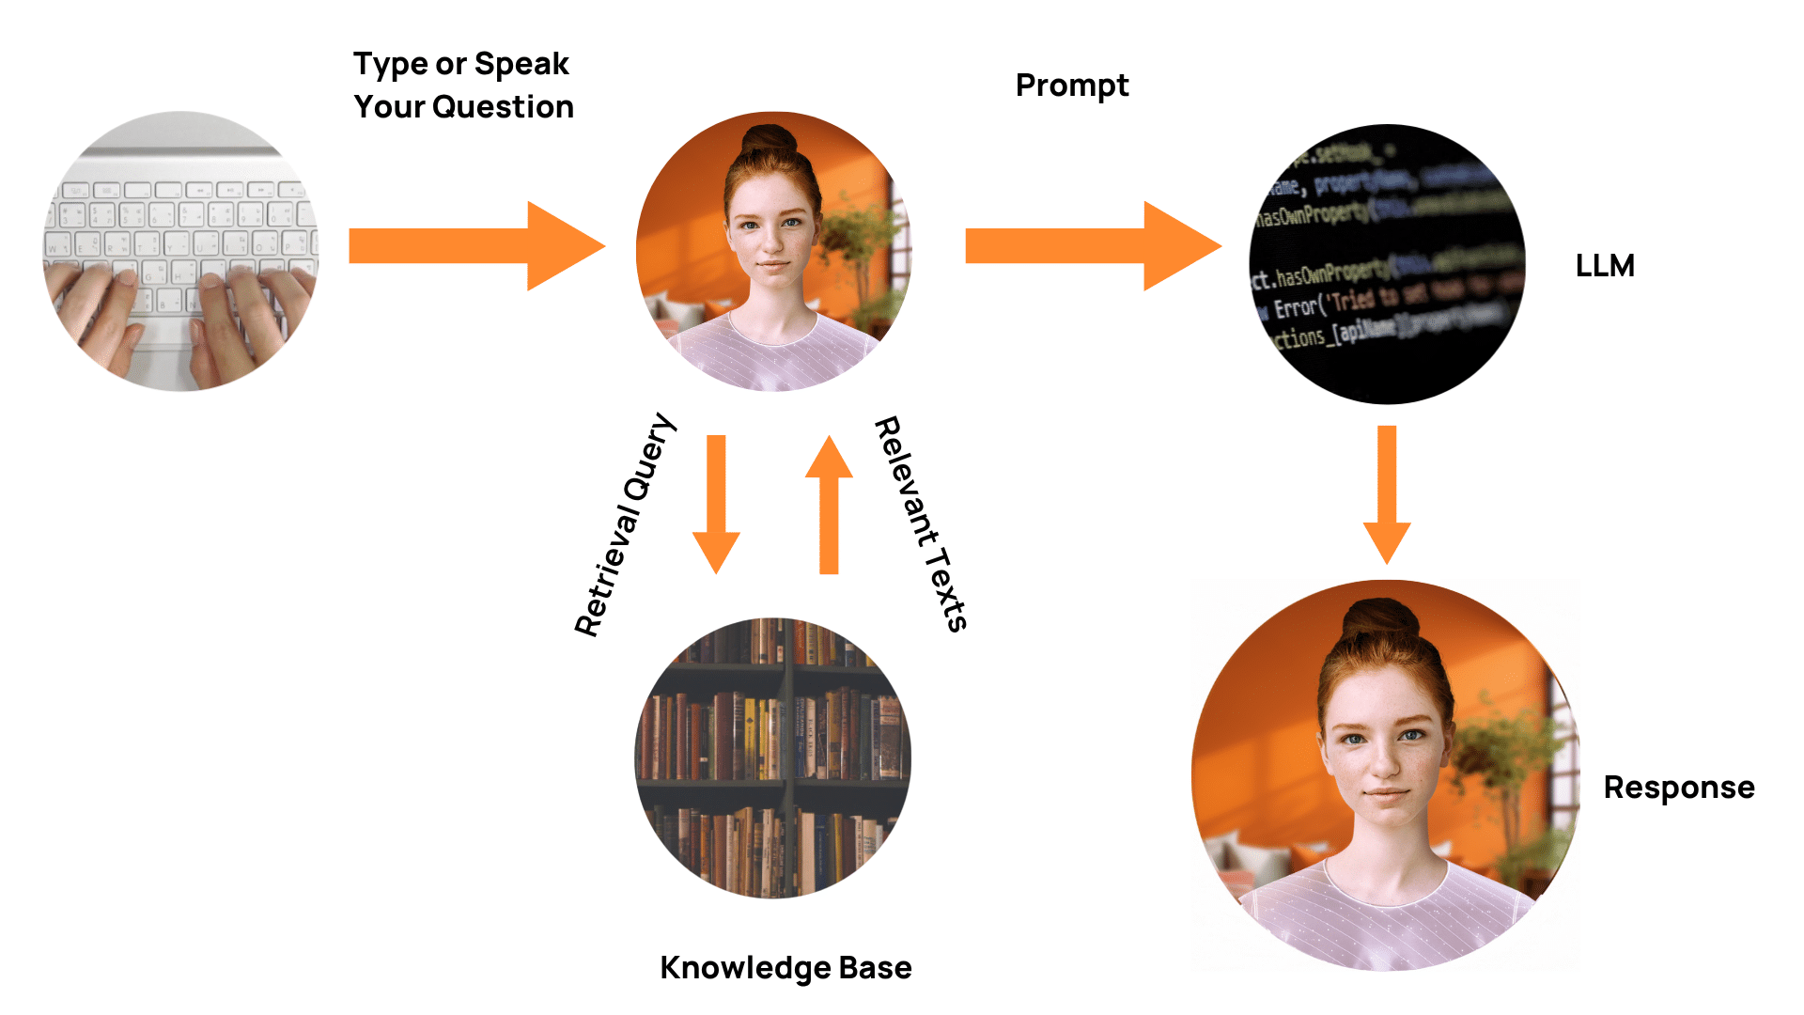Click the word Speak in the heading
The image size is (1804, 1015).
click(521, 65)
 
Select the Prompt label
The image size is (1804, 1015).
click(1072, 86)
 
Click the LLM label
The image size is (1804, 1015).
click(1605, 266)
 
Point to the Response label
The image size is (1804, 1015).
click(1679, 788)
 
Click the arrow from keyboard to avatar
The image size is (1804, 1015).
click(475, 246)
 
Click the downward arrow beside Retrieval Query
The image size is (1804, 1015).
click(716, 504)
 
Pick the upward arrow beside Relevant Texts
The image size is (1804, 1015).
click(829, 504)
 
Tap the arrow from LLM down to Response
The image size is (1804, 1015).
click(1387, 494)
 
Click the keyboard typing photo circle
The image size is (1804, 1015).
click(181, 251)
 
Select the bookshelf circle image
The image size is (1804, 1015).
click(773, 757)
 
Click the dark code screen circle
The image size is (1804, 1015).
click(1387, 264)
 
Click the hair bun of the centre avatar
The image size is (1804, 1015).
click(770, 140)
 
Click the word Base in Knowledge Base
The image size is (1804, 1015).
click(875, 968)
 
